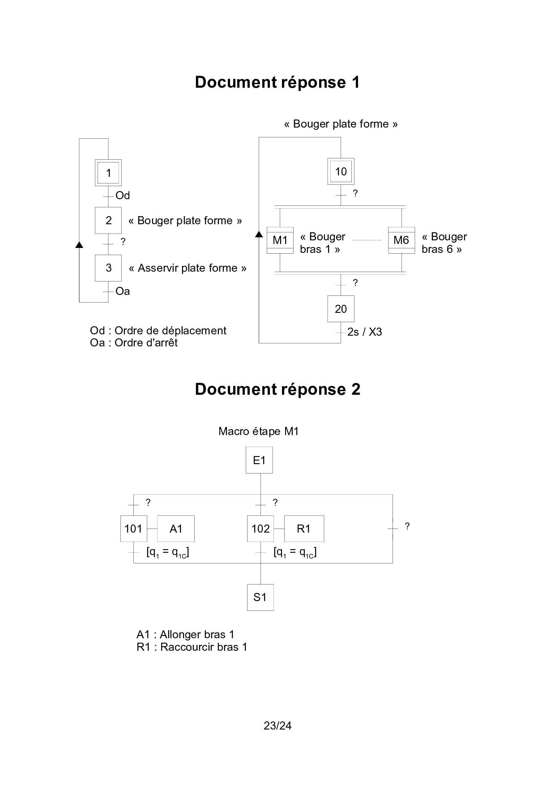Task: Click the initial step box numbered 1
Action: (x=108, y=173)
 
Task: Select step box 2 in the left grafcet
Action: (x=108, y=220)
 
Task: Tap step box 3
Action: (x=108, y=268)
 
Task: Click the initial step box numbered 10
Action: (x=341, y=171)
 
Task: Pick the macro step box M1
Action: (x=280, y=240)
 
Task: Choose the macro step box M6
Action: (x=401, y=240)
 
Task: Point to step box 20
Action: (x=341, y=309)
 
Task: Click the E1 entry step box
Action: (x=259, y=461)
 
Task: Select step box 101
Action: (x=133, y=529)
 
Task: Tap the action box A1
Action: (x=176, y=529)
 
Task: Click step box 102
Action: (x=260, y=529)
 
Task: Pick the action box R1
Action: (x=304, y=529)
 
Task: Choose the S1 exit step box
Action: (x=260, y=597)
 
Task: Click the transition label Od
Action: (x=123, y=196)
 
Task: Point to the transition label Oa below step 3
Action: (x=123, y=291)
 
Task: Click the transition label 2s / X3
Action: (x=364, y=332)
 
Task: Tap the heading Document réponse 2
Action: (x=277, y=389)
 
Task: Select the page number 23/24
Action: (x=277, y=726)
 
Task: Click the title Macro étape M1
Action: (x=258, y=431)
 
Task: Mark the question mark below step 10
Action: (x=355, y=193)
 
